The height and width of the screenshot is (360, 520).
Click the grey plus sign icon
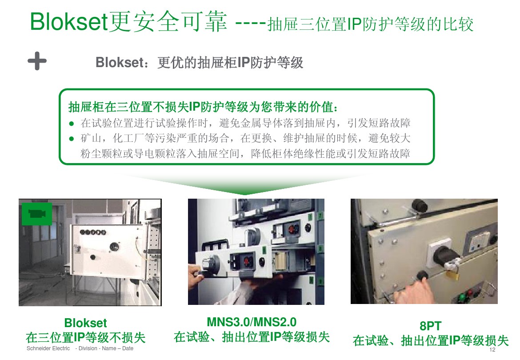coord(37,61)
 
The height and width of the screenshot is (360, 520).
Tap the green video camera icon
coord(37,214)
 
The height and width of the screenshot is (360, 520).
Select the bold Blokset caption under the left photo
coord(85,323)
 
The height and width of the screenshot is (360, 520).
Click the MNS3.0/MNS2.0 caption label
coord(252,321)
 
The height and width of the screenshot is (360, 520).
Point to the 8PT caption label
coord(430,326)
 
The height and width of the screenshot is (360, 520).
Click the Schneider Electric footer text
coord(48,348)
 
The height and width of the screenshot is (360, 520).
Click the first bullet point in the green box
coord(71,123)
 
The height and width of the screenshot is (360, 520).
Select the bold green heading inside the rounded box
coord(202,107)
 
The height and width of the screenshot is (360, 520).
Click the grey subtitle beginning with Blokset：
coord(199,63)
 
